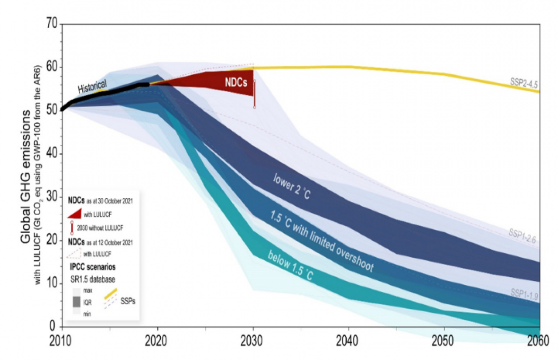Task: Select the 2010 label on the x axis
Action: tap(61, 341)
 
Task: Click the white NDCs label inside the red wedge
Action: tap(235, 81)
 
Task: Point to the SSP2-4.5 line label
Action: tap(523, 84)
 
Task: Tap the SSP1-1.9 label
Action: tap(523, 292)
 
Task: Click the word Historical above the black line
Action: tap(93, 87)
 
